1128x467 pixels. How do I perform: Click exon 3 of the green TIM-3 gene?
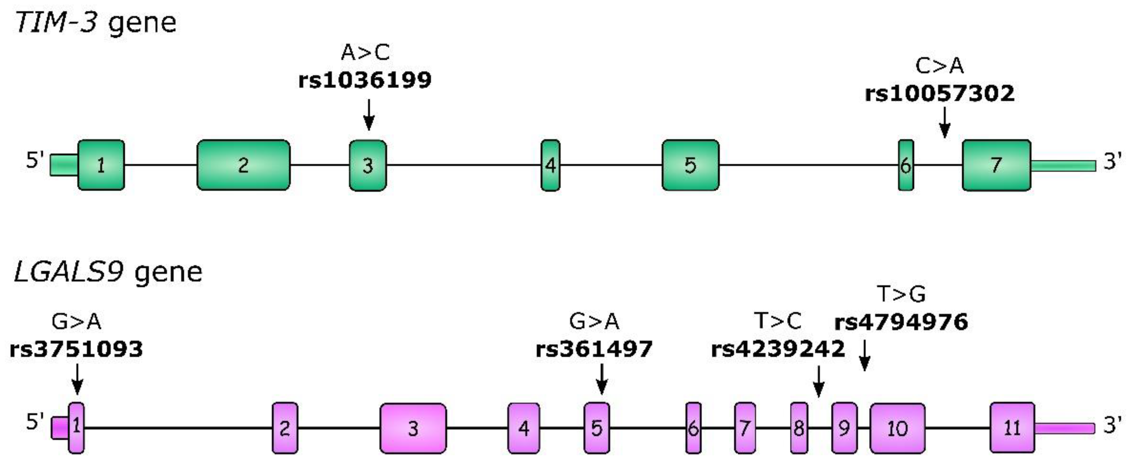pos(368,165)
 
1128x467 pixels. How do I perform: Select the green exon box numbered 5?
pos(690,165)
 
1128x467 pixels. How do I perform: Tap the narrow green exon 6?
pos(906,165)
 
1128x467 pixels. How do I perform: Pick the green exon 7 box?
pos(996,165)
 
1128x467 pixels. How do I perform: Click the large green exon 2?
pos(243,165)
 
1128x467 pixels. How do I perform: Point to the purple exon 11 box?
pos(1012,428)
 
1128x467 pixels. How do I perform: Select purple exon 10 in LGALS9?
pos(897,428)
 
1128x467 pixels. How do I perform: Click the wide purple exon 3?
pos(413,428)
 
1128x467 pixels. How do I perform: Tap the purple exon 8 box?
pos(799,428)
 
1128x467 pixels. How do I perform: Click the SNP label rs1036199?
pos(365,80)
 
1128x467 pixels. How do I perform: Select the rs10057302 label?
pos(940,94)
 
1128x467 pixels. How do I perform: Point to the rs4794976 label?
pos(901,322)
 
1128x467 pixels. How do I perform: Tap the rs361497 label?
pos(594,349)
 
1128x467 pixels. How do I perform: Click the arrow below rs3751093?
pos(77,379)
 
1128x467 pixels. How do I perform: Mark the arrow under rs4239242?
pos(818,381)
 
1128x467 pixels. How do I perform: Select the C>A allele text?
pos(939,66)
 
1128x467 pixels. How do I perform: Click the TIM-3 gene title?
pos(95,23)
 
